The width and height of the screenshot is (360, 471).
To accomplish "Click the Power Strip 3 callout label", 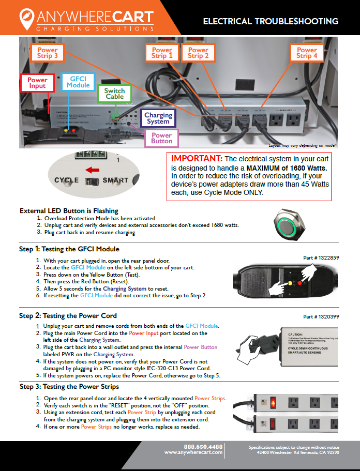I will click(x=48, y=53).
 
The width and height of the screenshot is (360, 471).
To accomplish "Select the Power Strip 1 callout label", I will click(x=162, y=53).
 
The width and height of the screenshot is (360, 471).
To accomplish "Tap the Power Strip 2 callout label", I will click(x=198, y=53).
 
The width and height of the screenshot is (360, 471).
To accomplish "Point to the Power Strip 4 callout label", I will click(x=307, y=53).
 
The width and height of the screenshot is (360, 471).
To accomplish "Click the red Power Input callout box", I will click(x=37, y=83).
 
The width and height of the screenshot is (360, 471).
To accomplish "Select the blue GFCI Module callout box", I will click(x=78, y=81).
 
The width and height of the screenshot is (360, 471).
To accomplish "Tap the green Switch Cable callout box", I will click(x=114, y=93).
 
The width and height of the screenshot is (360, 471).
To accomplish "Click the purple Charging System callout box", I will click(x=158, y=118).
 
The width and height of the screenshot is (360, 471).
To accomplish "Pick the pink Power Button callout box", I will click(x=161, y=137).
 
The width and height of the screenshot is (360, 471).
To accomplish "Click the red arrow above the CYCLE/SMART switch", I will click(x=93, y=170).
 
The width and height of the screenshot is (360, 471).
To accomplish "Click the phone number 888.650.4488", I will click(x=203, y=446).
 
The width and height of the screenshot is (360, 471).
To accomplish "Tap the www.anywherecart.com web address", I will click(x=193, y=452).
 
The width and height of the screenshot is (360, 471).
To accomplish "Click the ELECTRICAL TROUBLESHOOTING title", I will click(x=271, y=21).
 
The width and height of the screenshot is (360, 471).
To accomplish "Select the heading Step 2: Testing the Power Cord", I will click(x=68, y=315).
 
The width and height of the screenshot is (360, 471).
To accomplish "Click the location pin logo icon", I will click(x=25, y=20).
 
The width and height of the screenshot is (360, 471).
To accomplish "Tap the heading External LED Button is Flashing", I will click(x=69, y=211).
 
